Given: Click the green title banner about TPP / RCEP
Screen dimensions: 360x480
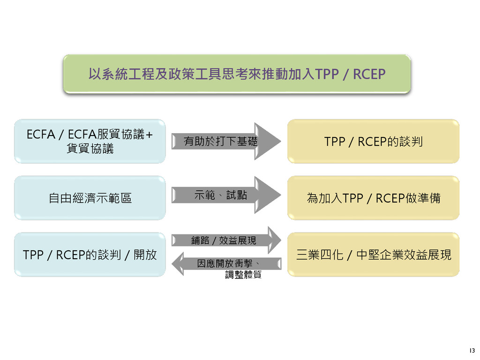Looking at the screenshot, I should (x=237, y=74).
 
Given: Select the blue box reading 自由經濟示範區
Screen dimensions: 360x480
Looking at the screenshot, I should (x=90, y=198).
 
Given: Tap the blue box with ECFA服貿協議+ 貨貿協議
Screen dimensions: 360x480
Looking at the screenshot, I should (x=90, y=141).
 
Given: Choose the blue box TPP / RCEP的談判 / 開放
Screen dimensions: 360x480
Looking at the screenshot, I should (x=90, y=255).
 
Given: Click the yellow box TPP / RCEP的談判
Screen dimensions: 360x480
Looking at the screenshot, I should (x=373, y=141).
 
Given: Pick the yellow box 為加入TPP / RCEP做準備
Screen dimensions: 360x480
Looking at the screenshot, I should (x=373, y=198).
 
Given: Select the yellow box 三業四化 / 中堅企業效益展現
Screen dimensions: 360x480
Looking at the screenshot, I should (x=373, y=255).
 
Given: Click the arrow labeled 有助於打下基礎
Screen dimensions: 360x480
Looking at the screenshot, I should (x=225, y=141).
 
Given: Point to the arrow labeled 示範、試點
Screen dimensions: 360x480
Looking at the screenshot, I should (x=225, y=195).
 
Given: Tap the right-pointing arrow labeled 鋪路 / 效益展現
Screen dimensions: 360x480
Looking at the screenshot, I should (x=225, y=240).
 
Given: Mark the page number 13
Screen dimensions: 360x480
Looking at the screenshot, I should (x=471, y=351).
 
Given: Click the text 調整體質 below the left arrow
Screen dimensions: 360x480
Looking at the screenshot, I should (x=243, y=275).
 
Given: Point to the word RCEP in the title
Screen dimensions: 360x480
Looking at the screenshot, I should (x=369, y=74).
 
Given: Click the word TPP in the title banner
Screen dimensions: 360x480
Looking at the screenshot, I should (x=327, y=74).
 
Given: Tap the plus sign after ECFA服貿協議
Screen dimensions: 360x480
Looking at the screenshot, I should (x=150, y=135).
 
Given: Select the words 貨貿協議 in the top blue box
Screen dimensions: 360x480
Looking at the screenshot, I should (x=90, y=149).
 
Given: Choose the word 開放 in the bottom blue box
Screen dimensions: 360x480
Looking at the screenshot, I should (x=145, y=255).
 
